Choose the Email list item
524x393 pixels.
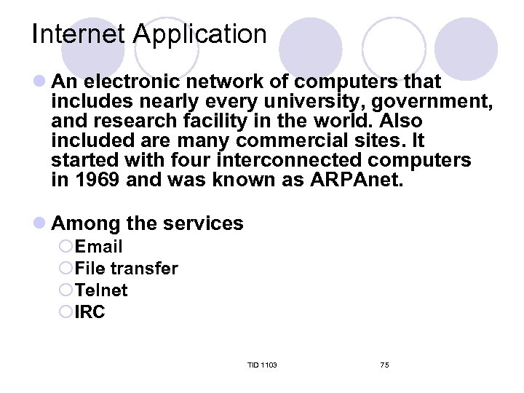(99, 247)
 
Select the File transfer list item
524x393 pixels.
(126, 269)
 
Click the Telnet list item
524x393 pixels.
(101, 290)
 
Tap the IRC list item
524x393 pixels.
(90, 312)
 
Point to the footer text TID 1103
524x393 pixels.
(262, 365)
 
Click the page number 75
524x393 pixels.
(384, 365)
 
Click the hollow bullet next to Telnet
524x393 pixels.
(65, 290)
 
